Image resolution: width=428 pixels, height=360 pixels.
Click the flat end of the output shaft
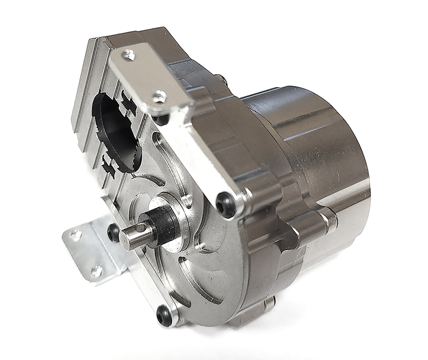(131, 236)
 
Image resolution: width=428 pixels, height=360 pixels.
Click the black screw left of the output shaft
(113, 232)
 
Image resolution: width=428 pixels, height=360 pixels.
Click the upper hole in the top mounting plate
(128, 54)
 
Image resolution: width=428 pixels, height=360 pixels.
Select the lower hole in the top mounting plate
(158, 97)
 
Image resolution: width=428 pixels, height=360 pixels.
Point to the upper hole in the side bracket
(76, 234)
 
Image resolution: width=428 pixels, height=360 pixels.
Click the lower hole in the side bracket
(96, 271)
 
